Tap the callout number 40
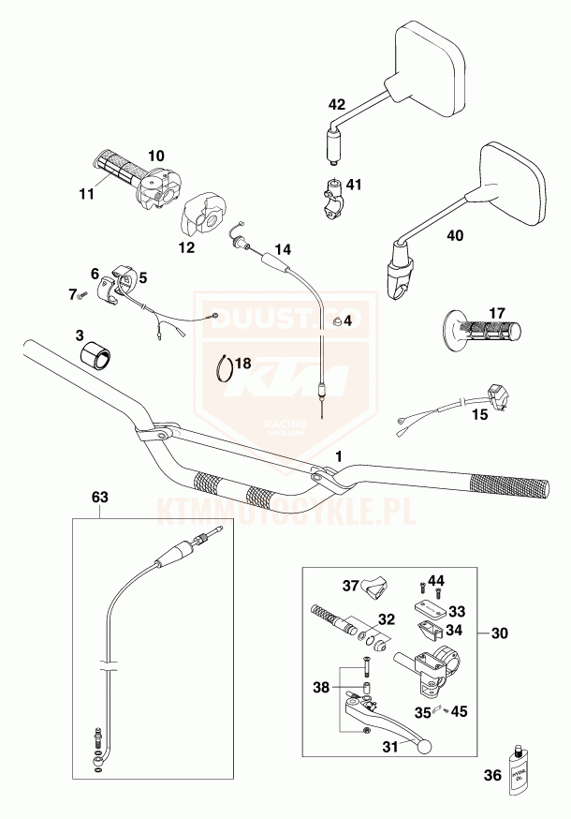pyautogui.click(x=455, y=237)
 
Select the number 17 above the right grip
pyautogui.click(x=495, y=312)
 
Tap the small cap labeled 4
pyautogui.click(x=335, y=321)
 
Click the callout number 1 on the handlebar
pyautogui.click(x=339, y=455)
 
